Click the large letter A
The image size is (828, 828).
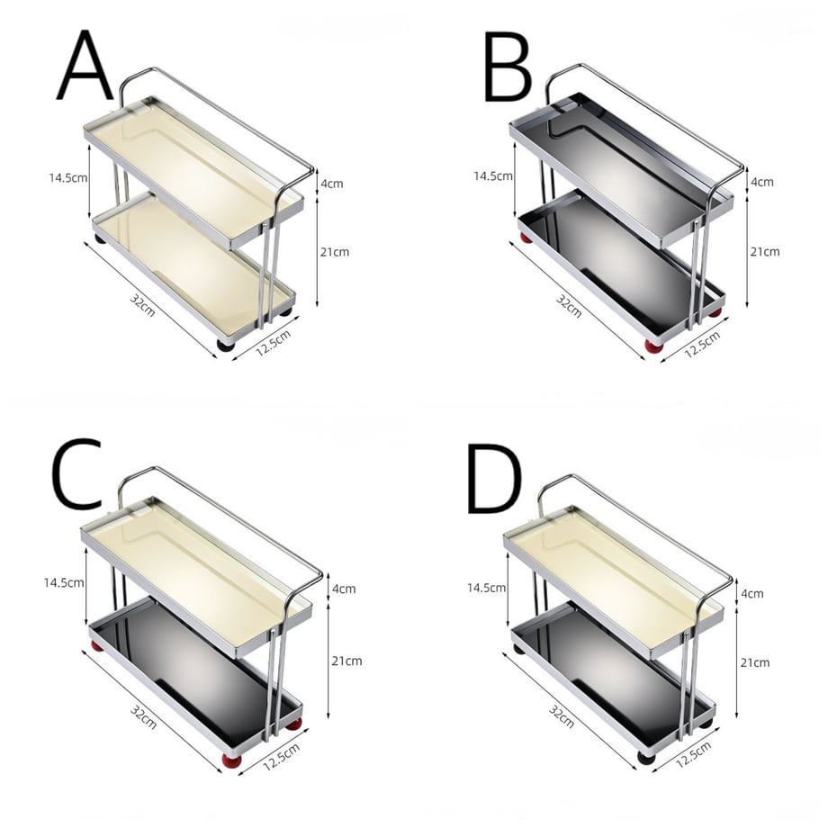[85, 66]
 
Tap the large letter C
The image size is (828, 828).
[77, 472]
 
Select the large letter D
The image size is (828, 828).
[494, 479]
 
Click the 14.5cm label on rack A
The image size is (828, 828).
[68, 177]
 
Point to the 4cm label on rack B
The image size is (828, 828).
[762, 182]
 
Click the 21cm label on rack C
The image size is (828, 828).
[346, 661]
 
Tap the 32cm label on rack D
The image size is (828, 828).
[561, 716]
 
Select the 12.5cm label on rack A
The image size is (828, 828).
[273, 342]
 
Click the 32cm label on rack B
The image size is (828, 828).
[569, 306]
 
